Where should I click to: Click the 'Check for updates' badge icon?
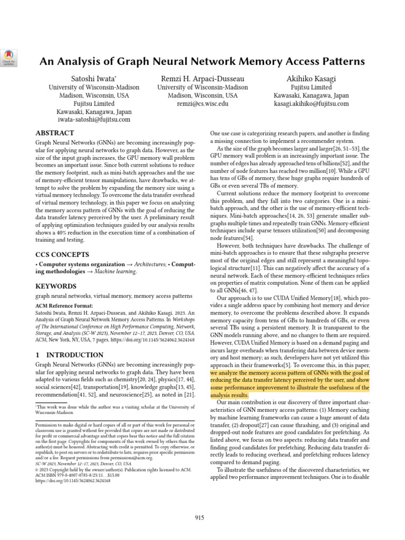click(9, 57)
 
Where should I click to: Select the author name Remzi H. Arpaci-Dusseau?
click(202, 78)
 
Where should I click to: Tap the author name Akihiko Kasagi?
click(311, 78)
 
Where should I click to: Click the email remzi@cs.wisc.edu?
click(202, 104)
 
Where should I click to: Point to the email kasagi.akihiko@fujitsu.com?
click(311, 104)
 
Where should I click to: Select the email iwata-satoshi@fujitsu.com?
click(94, 120)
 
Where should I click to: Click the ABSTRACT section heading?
click(55, 133)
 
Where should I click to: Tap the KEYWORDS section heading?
click(56, 286)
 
